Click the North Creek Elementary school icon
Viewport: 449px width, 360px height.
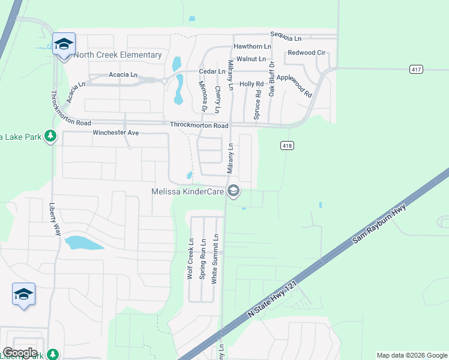point(64,44)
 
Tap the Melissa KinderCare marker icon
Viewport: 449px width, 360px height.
point(234,191)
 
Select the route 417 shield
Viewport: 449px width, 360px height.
point(417,70)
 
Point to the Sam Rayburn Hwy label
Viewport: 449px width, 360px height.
point(379,223)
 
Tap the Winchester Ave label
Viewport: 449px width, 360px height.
point(116,132)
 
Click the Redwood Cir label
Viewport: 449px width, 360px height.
point(307,53)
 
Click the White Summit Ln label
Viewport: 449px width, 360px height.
point(215,258)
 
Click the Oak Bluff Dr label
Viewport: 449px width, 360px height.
point(272,79)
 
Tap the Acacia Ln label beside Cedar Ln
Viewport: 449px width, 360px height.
point(123,75)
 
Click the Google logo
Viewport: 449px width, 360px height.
point(20,353)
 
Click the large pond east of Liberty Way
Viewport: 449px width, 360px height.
point(84,243)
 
